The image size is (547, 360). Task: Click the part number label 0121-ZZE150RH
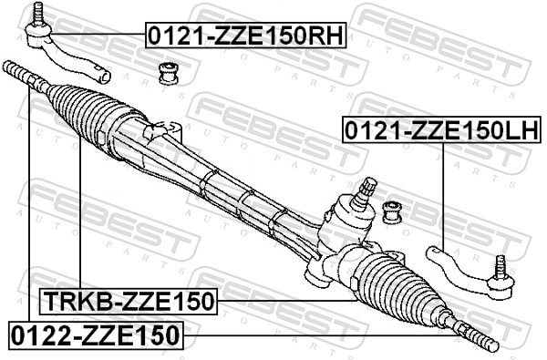click(245, 37)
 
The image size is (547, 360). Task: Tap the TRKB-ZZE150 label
click(128, 300)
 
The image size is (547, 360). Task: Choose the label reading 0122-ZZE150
click(96, 334)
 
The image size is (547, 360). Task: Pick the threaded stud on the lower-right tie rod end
click(499, 267)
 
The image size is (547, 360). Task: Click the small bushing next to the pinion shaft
click(393, 211)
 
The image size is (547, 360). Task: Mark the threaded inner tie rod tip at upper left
click(16, 71)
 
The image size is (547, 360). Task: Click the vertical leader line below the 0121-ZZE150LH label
click(442, 191)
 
